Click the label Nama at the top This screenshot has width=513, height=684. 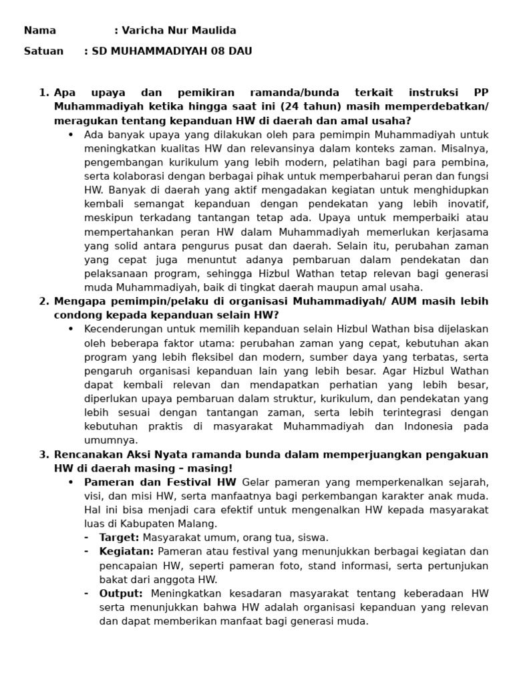coord(40,31)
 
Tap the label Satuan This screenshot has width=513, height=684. coord(43,51)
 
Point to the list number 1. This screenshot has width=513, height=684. coord(43,93)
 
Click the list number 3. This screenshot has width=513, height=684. coord(43,454)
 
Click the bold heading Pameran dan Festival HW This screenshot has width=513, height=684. coord(160,482)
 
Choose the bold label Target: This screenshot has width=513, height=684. coord(119,538)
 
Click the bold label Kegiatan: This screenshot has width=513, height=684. coord(126,552)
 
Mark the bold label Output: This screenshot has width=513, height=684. coord(121,593)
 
